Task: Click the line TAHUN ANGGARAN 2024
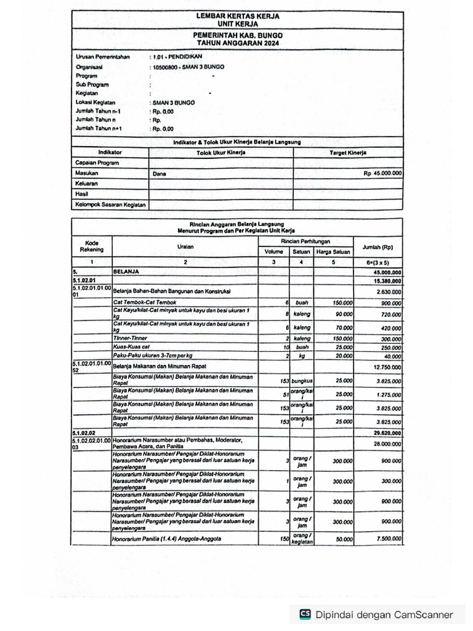pyautogui.click(x=237, y=44)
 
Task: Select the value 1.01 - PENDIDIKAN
pyautogui.click(x=174, y=57)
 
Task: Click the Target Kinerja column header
pyautogui.click(x=347, y=152)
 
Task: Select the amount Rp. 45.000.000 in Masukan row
pyautogui.click(x=382, y=174)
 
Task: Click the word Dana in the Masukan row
pyautogui.click(x=160, y=174)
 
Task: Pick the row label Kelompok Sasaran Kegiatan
pyautogui.click(x=110, y=205)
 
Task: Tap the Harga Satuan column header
pyautogui.click(x=333, y=251)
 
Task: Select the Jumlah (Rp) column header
pyautogui.click(x=378, y=246)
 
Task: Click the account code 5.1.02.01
pyautogui.click(x=86, y=280)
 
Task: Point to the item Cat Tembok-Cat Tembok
pyautogui.click(x=144, y=303)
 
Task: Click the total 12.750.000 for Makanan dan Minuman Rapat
pyautogui.click(x=387, y=367)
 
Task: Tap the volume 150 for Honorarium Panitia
pyautogui.click(x=283, y=539)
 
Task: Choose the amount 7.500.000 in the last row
pyautogui.click(x=387, y=539)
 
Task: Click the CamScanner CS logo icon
pyautogui.click(x=305, y=614)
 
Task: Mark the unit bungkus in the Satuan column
pyautogui.click(x=301, y=381)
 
